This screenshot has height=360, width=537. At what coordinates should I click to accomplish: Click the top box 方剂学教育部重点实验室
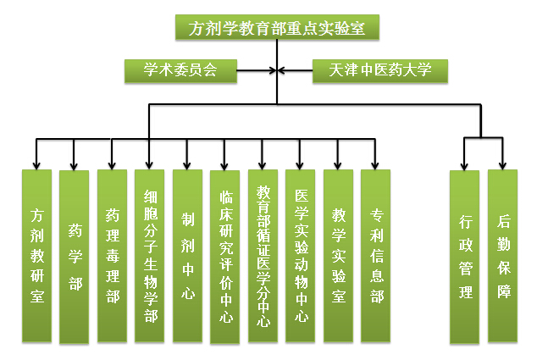pyautogui.click(x=277, y=27)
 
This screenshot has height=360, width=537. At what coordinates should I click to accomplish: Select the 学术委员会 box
pyautogui.click(x=180, y=70)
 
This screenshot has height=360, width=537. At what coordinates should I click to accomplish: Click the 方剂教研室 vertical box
pyautogui.click(x=36, y=257)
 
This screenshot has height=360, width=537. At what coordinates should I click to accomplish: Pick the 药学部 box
pyautogui.click(x=75, y=257)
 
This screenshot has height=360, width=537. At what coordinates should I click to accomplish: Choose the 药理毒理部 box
pyautogui.click(x=112, y=257)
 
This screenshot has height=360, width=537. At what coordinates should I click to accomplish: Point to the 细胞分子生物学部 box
pyautogui.click(x=150, y=257)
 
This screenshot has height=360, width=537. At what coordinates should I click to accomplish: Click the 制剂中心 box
pyautogui.click(x=187, y=257)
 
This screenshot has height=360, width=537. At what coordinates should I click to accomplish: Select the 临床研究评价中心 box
pyautogui.click(x=225, y=257)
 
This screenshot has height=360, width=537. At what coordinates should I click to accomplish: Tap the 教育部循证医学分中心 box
pyautogui.click(x=263, y=257)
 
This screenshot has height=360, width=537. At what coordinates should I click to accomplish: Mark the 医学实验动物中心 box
pyautogui.click(x=301, y=257)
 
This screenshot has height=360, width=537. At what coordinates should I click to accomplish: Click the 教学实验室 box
pyautogui.click(x=338, y=257)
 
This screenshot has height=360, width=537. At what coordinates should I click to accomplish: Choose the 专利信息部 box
pyautogui.click(x=376, y=257)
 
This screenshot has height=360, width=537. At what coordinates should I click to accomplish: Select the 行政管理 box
pyautogui.click(x=465, y=257)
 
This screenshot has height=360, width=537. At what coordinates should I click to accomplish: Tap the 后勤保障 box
pyautogui.click(x=503, y=257)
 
